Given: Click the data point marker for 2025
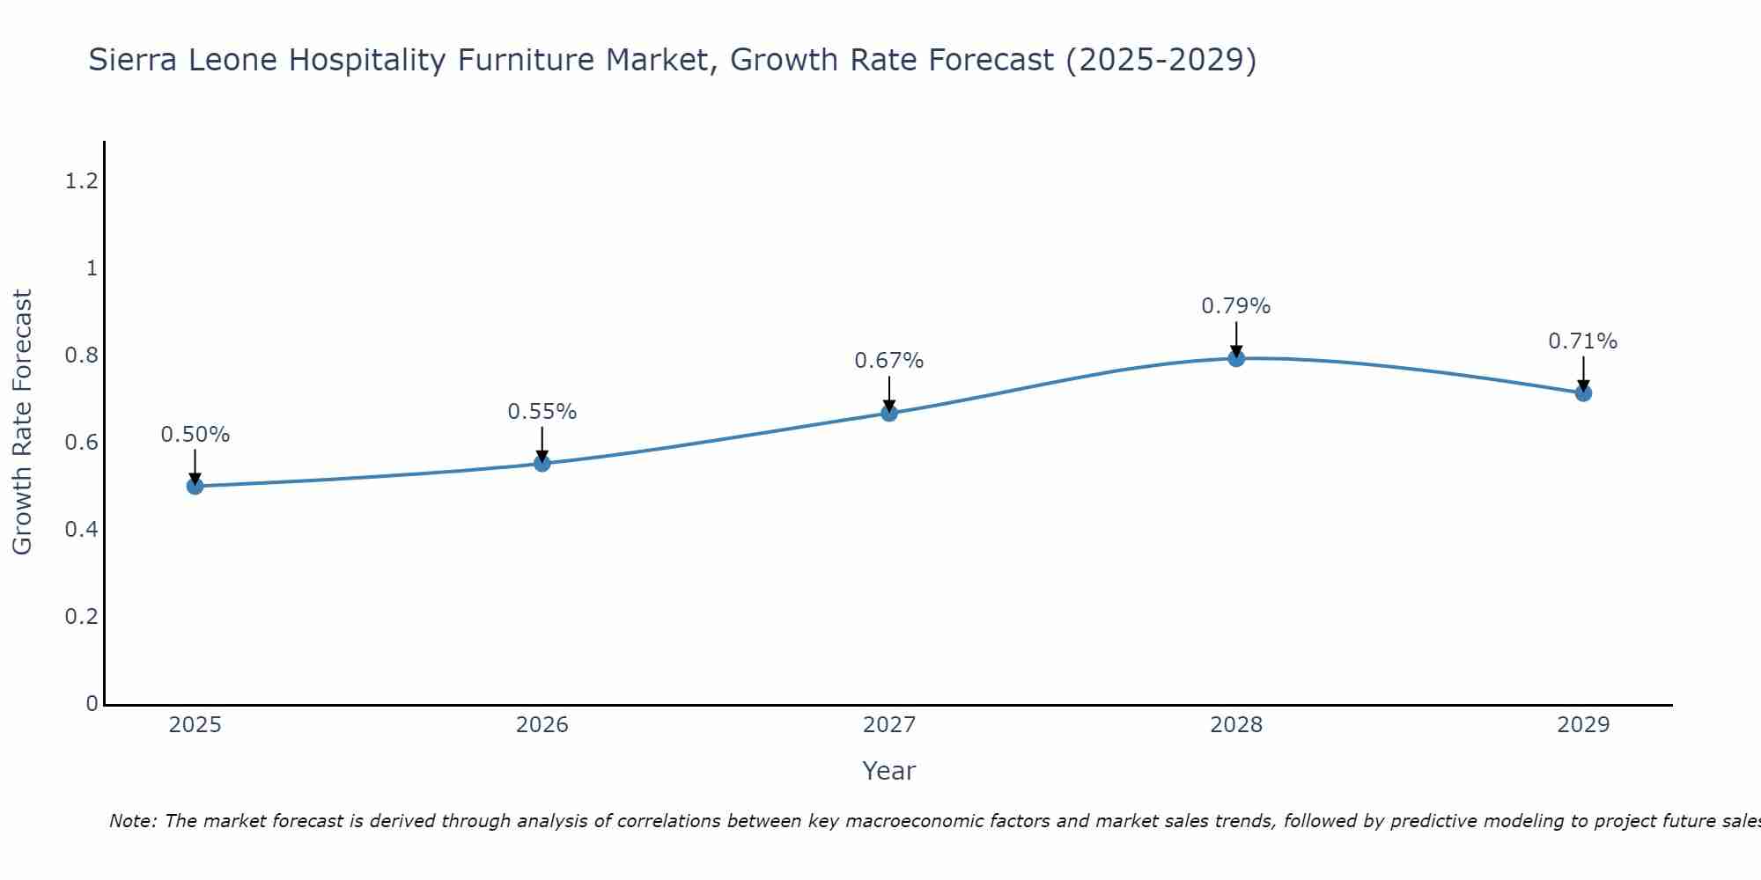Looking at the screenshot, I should click(195, 486).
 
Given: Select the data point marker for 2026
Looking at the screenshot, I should click(542, 463).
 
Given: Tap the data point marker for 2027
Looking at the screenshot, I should click(889, 413).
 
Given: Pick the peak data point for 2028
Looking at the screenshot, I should click(1236, 358).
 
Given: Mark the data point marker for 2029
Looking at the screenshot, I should click(1583, 392).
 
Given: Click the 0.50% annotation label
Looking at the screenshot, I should click(195, 435).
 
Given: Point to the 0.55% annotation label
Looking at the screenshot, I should click(542, 412).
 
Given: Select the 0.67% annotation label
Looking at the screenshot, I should click(889, 361).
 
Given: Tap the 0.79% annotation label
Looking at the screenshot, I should click(1236, 306).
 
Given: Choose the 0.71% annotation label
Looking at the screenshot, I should click(1583, 341).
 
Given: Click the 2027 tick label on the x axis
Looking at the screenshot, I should click(889, 725).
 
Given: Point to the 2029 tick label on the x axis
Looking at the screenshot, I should click(1583, 725).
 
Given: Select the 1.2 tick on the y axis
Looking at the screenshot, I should click(81, 181).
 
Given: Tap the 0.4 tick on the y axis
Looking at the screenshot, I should click(81, 530).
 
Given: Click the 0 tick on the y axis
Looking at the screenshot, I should click(92, 703).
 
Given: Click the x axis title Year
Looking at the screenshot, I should click(889, 771).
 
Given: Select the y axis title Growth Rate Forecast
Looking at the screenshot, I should click(23, 422).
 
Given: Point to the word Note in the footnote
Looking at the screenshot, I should click(132, 821).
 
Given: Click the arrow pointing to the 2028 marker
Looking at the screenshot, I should click(1236, 338).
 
